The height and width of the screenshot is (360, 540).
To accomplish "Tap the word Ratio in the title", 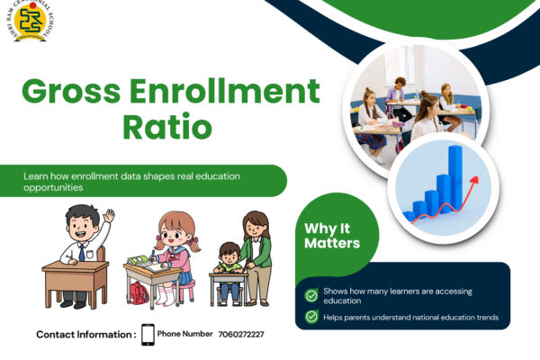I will click(167, 126).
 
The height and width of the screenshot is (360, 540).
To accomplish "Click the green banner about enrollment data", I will click(144, 181).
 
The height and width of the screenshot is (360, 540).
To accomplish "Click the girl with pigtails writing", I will click(167, 252).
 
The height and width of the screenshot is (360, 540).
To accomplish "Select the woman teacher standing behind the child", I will click(256, 252).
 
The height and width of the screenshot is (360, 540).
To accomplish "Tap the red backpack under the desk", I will click(138, 292).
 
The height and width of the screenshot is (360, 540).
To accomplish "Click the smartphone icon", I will click(148, 334).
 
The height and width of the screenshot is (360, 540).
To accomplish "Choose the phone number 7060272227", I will click(241, 334).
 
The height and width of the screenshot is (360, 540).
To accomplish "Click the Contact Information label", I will click(86, 335).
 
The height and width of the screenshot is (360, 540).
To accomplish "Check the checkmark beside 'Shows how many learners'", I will click(311, 295).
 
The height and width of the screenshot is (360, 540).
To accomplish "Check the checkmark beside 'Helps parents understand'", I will click(311, 317).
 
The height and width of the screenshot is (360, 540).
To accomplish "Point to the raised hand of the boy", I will click(109, 216).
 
